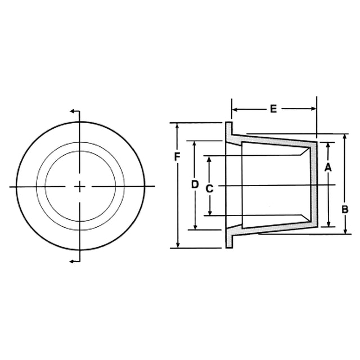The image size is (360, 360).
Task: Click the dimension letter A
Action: (328, 166)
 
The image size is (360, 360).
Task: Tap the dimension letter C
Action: (209, 189)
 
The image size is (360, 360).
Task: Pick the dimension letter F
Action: (177, 156)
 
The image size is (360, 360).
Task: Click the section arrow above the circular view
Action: (73, 112)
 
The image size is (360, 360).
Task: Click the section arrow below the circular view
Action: (73, 261)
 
